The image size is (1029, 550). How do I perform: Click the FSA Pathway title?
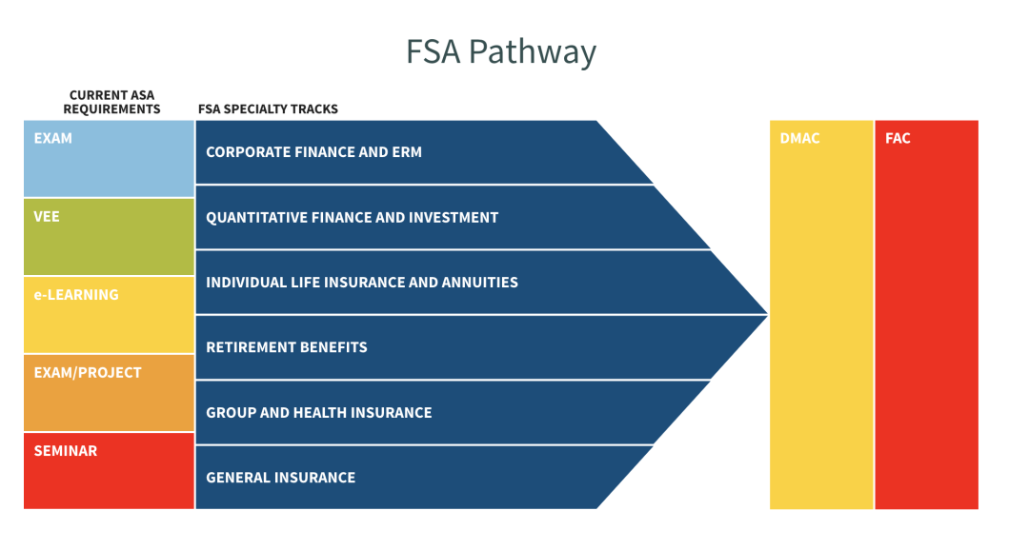click(501, 50)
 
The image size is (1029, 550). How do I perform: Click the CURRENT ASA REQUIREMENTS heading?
click(111, 102)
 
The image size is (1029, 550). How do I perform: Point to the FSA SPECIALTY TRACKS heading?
click(268, 109)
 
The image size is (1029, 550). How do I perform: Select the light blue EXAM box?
click(109, 159)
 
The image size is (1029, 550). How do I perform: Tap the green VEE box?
click(109, 237)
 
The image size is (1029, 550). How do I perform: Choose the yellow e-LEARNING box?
click(109, 315)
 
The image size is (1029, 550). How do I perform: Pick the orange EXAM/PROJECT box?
click(109, 393)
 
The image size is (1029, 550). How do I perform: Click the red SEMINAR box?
click(109, 470)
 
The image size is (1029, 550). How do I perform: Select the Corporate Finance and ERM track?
click(400, 152)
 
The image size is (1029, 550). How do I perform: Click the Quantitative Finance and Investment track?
click(429, 218)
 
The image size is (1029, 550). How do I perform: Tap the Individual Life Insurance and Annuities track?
click(457, 283)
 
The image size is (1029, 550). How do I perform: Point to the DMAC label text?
click(799, 139)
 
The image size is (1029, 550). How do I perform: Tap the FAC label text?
click(898, 139)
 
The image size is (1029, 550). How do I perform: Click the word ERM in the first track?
click(407, 152)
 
